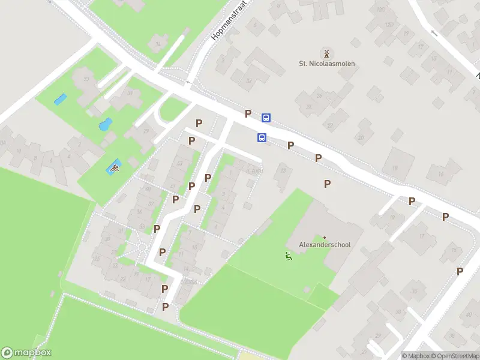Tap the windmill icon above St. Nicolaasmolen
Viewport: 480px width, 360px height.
[x=326, y=53]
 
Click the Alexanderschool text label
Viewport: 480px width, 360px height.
[x=325, y=245]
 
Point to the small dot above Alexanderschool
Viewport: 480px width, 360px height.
[x=325, y=238]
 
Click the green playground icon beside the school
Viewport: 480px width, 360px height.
[x=289, y=257]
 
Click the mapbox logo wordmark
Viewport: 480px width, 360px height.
[x=26, y=353]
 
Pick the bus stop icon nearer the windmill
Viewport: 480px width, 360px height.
[x=266, y=118]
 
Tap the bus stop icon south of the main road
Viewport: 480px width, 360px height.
[x=262, y=137]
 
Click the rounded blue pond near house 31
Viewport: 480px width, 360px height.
[x=105, y=125]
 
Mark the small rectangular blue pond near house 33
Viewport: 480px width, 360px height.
[x=60, y=99]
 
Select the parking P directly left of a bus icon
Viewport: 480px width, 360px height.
[x=248, y=113]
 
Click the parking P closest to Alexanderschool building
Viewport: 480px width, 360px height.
[x=327, y=184]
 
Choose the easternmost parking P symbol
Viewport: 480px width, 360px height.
[x=460, y=271]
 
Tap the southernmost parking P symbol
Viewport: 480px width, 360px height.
[x=165, y=307]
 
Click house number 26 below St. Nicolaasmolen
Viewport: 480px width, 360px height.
[x=319, y=96]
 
